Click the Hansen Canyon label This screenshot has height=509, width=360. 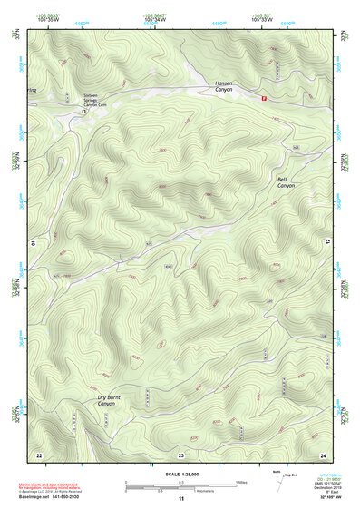(x=225, y=85)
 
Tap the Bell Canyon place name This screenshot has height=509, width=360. (x=286, y=182)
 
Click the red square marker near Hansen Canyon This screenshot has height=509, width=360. (x=264, y=98)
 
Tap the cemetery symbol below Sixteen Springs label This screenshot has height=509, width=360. (x=83, y=111)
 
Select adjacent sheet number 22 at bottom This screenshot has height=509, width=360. (x=39, y=453)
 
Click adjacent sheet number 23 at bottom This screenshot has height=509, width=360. (x=180, y=453)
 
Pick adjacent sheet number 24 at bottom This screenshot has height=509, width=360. (x=322, y=453)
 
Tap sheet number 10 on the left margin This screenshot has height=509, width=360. (x=32, y=243)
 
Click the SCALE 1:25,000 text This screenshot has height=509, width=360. (x=180, y=474)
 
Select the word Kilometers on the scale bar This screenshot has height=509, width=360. (x=196, y=490)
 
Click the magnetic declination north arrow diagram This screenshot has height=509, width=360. (x=277, y=481)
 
